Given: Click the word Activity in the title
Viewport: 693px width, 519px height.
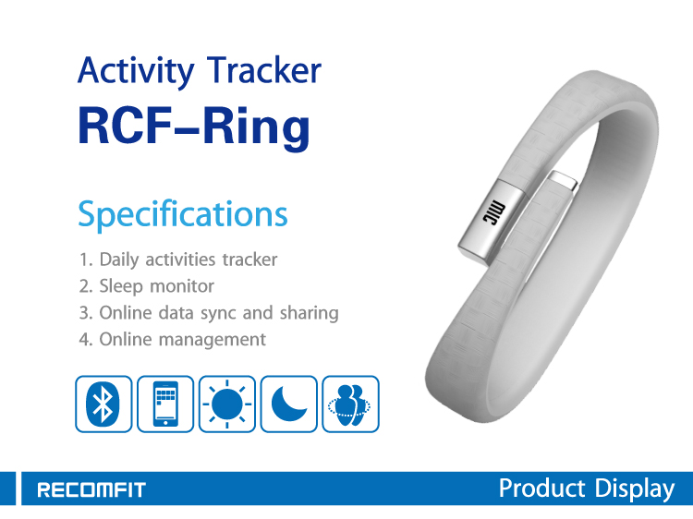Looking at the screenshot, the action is pyautogui.click(x=136, y=71).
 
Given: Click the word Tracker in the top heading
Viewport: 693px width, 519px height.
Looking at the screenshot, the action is pyautogui.click(x=264, y=70).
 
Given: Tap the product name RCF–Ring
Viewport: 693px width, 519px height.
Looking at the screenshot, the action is pyautogui.click(x=194, y=127).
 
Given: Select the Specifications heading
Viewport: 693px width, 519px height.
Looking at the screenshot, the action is pyautogui.click(x=183, y=214).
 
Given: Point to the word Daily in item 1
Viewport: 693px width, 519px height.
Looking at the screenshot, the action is pyautogui.click(x=119, y=259).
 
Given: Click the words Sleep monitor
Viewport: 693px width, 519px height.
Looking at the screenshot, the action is pyautogui.click(x=156, y=285).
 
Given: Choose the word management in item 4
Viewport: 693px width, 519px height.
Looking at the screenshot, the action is pyautogui.click(x=213, y=340).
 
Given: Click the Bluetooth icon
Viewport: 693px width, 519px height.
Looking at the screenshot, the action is pyautogui.click(x=103, y=404).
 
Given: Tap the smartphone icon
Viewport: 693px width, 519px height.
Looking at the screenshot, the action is pyautogui.click(x=165, y=404).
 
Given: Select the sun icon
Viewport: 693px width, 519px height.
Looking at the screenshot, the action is pyautogui.click(x=227, y=404).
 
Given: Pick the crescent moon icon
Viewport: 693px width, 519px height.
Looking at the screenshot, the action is pyautogui.click(x=289, y=404).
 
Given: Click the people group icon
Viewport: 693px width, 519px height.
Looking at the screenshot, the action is pyautogui.click(x=351, y=404).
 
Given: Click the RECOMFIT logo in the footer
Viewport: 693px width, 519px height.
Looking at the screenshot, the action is pyautogui.click(x=91, y=489).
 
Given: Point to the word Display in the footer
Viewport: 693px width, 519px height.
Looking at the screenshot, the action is pyautogui.click(x=635, y=489).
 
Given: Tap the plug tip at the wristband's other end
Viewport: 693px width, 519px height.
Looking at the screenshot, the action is pyautogui.click(x=563, y=181).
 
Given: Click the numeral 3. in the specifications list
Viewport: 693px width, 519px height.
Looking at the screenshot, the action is pyautogui.click(x=86, y=313).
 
